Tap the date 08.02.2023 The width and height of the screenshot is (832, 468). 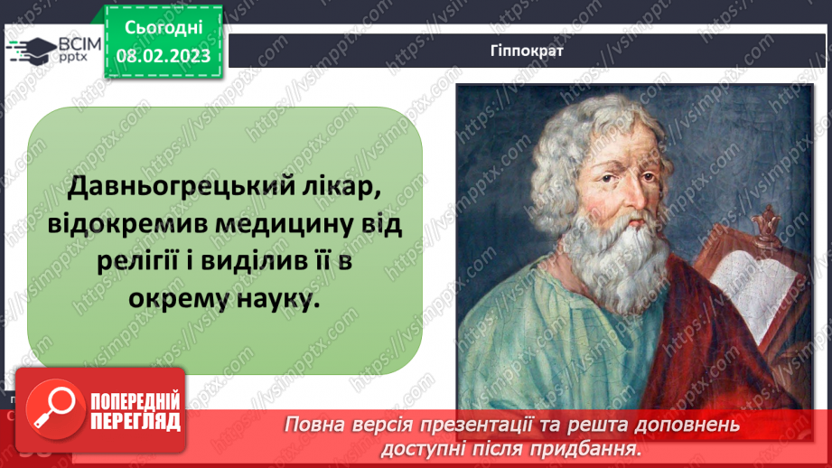coord(162,56)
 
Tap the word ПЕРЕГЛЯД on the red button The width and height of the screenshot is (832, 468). coord(136,421)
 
